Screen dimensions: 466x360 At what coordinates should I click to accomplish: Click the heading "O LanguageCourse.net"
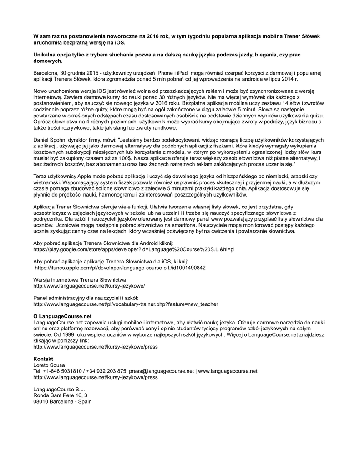(63, 316)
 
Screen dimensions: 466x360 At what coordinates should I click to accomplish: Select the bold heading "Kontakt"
(44, 359)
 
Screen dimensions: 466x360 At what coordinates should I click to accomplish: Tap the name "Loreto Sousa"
(49, 365)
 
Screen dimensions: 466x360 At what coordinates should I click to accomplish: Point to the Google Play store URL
(134, 249)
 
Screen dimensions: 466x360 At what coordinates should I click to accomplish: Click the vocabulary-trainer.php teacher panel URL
(126, 304)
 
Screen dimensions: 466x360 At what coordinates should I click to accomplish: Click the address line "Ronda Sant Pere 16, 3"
(61, 395)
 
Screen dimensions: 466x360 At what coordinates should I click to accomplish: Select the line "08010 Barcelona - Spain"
(63, 401)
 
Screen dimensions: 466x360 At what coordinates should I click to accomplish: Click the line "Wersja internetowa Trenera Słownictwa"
(80, 279)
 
